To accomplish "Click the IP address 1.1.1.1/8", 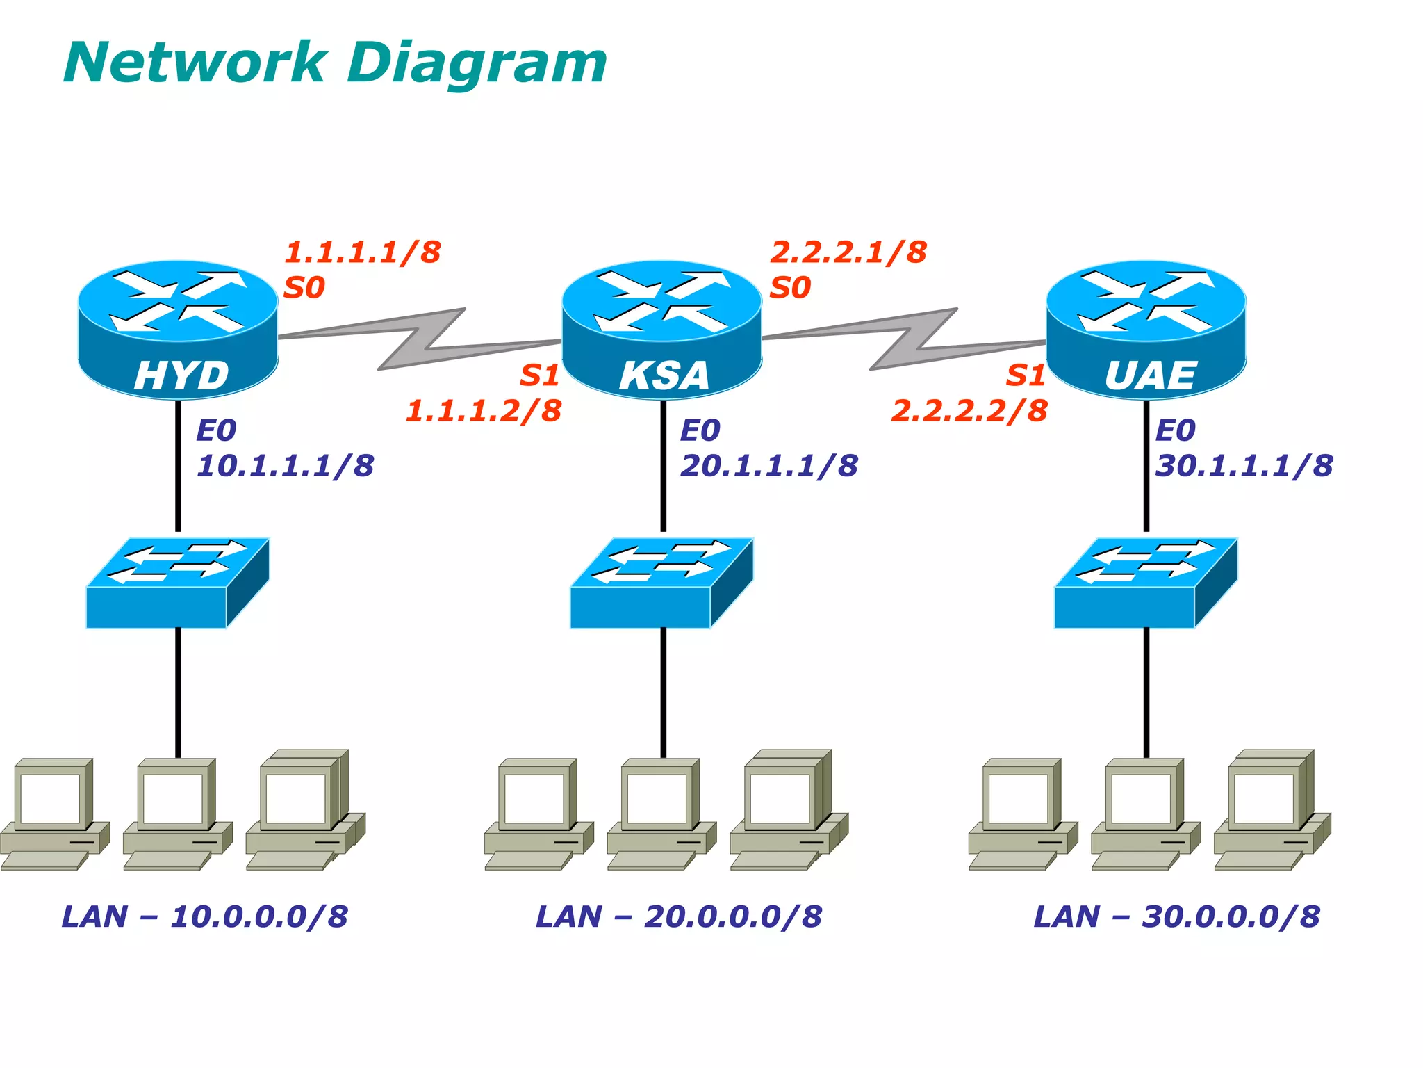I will coord(363,252).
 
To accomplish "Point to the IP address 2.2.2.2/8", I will coord(969,410).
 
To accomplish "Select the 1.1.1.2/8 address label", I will coord(484,410).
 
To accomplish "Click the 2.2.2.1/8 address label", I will coord(848,252).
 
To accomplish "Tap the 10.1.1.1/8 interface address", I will coord(286,465).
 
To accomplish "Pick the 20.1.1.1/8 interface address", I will coord(769,465).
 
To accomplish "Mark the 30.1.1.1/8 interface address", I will coord(1244,465).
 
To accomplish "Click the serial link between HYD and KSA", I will coord(420,339).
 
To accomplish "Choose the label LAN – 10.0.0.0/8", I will coord(205,916).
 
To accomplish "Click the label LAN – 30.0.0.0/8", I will coord(1177,916).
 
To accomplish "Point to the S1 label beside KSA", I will coord(540,375).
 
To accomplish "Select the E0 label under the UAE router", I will coord(1175,430).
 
